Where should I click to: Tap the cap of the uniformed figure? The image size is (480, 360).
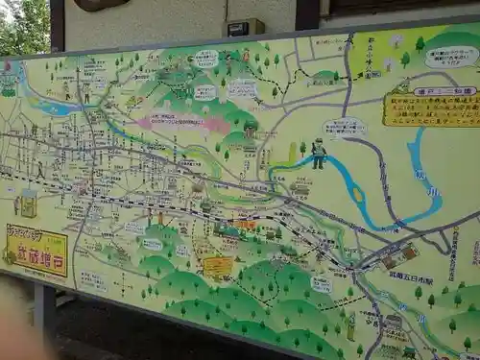click(x=318, y=142)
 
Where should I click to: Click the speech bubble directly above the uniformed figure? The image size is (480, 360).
click(x=344, y=126)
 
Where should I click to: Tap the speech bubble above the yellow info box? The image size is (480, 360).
click(x=451, y=57)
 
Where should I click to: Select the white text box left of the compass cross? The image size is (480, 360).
click(x=93, y=280)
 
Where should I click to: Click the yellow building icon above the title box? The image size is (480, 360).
click(x=29, y=203)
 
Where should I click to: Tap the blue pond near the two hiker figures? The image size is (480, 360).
click(x=59, y=108)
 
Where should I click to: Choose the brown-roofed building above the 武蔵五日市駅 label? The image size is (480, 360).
click(x=399, y=255)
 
